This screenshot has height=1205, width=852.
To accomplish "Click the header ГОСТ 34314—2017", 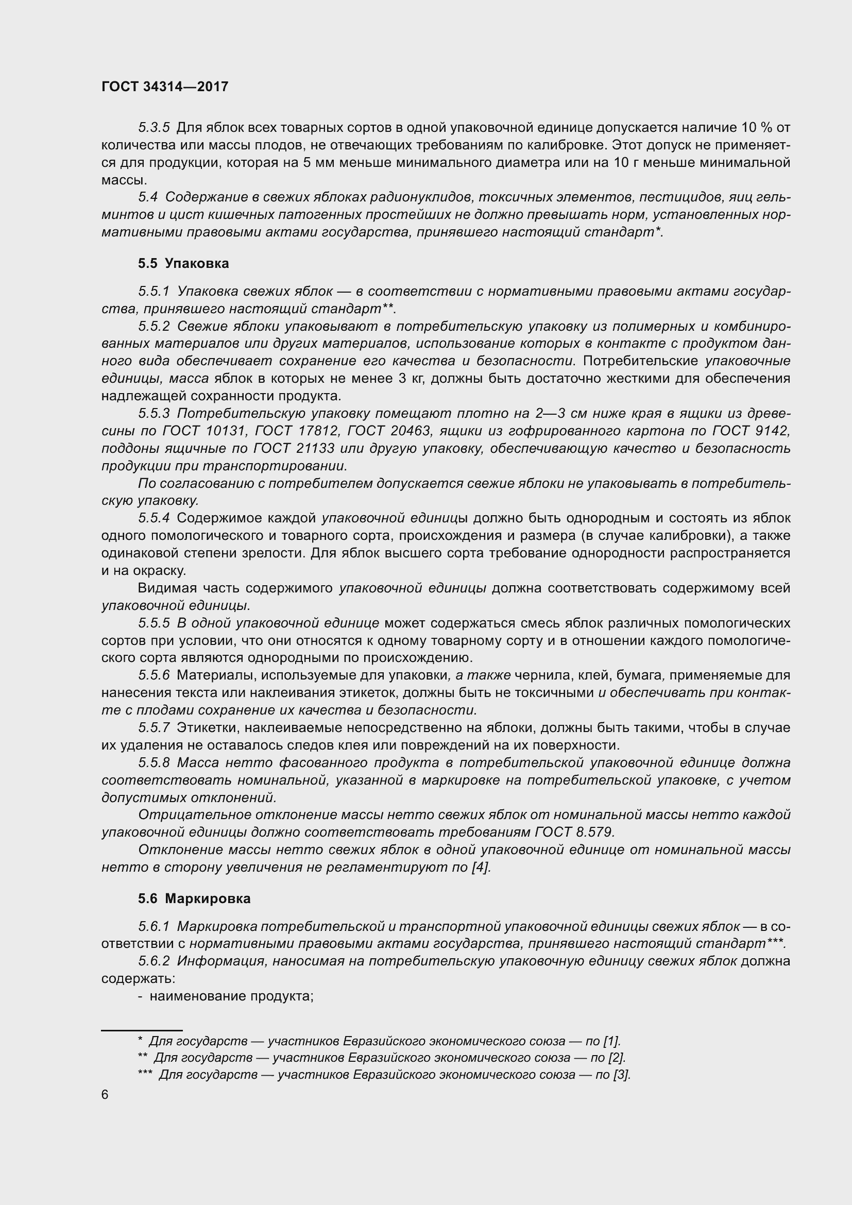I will pos(165,87).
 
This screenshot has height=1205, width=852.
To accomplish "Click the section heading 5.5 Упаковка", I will pos(183,263).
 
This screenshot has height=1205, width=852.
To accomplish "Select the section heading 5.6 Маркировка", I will pos(194,898).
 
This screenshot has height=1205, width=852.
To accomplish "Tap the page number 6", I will pos(105,1095).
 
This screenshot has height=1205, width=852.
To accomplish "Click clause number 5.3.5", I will pos(154,128).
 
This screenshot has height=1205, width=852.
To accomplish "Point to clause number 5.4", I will pos(148,197).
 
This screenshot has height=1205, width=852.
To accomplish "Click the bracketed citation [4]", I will pos(480,868).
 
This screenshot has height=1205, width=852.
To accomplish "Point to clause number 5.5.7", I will pos(154,728).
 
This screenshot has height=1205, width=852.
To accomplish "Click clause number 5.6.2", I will pos(154,961).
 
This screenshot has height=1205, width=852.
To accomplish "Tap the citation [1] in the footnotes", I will pos(611,1041).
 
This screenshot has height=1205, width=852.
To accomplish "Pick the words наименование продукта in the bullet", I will pos(231,996).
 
